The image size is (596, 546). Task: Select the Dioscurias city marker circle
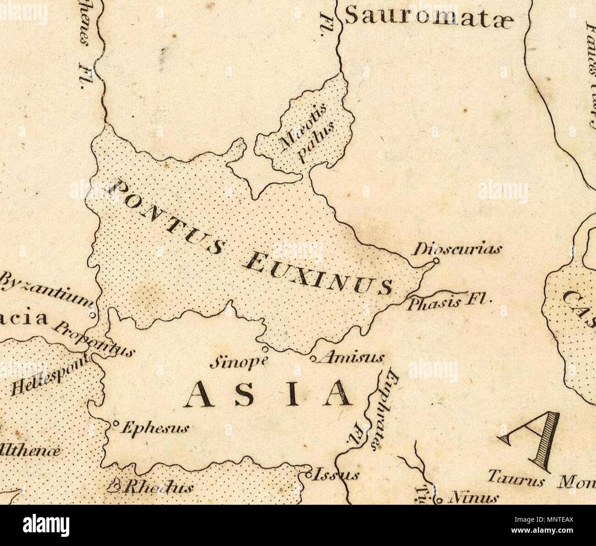click(436, 261)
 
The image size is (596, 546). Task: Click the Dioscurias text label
click(458, 250)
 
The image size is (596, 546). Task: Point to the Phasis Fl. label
click(449, 303)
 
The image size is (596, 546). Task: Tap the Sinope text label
click(239, 362)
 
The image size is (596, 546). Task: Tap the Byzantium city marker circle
click(92, 316)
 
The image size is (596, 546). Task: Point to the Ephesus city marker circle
click(116, 423)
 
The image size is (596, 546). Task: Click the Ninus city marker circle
click(439, 499)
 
